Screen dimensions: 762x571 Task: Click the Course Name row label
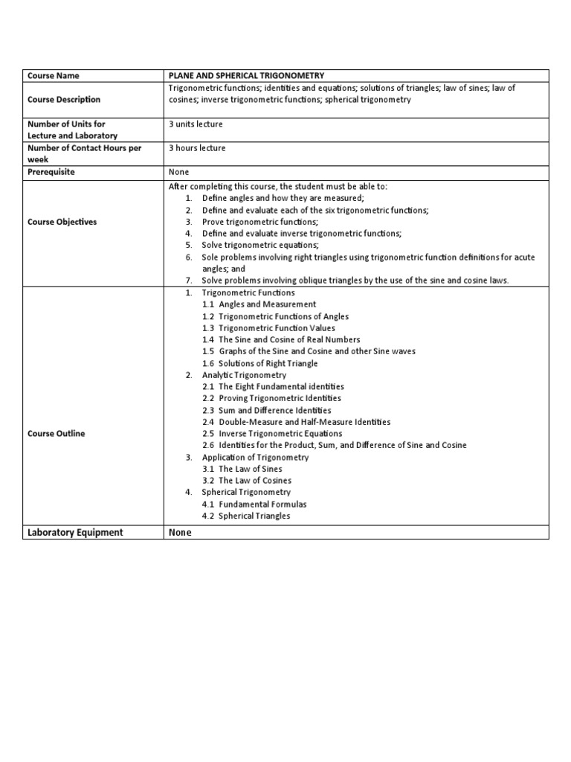[53, 76]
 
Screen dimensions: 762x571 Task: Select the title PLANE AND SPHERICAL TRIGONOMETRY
[247, 76]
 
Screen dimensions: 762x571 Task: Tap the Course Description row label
[64, 100]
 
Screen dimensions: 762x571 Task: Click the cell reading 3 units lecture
[196, 124]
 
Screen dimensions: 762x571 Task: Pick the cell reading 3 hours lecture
[197, 148]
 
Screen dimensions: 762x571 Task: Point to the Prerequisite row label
[51, 172]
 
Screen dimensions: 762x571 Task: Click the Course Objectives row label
[62, 222]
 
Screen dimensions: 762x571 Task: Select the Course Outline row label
[56, 434]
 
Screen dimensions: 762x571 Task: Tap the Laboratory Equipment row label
[75, 532]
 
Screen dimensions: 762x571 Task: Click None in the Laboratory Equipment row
[180, 532]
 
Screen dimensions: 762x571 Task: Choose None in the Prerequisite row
[179, 172]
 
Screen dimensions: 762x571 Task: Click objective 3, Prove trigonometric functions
[259, 222]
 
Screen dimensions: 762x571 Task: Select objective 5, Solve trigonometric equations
[260, 245]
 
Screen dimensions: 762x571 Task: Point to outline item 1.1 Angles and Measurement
[259, 304]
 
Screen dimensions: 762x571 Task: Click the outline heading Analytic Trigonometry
[244, 375]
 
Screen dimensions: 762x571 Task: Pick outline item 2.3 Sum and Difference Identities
[267, 410]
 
